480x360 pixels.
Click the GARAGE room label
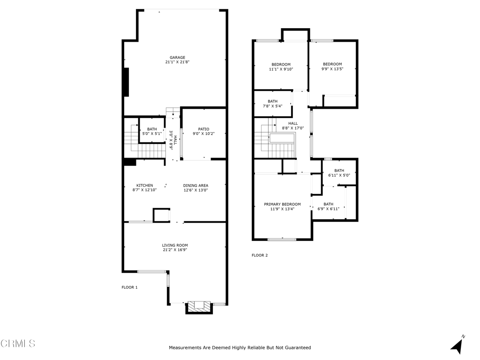tap(178, 58)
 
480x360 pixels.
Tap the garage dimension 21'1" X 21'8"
tap(178, 62)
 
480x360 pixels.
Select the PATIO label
tap(203, 129)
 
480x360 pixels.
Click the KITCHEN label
tap(144, 186)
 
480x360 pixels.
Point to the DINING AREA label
tap(195, 186)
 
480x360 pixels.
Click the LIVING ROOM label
tap(175, 245)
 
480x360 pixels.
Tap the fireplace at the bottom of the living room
tap(199, 307)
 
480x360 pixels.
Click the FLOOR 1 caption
tap(129, 287)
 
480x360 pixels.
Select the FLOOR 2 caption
tap(260, 255)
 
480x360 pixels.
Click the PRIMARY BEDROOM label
tap(282, 204)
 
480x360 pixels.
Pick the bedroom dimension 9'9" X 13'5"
tap(332, 69)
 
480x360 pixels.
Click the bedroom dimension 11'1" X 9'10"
tap(281, 69)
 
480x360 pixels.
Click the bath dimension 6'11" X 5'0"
tap(339, 175)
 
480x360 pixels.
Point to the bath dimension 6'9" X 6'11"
tap(328, 209)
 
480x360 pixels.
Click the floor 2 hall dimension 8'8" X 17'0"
tap(292, 128)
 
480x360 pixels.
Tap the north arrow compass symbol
tap(457, 344)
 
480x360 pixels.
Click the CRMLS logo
tap(18, 344)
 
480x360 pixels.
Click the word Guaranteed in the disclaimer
tap(298, 348)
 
